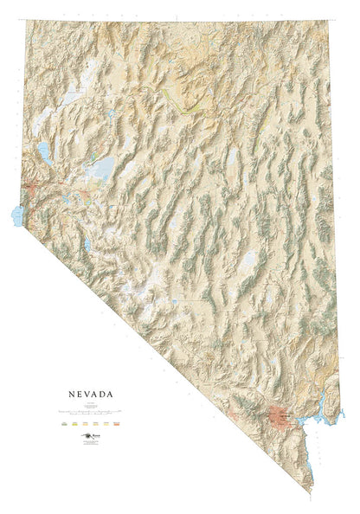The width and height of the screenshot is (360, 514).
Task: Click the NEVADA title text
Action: (x=87, y=393)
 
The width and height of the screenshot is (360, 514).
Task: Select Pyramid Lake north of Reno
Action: (x=42, y=153)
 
